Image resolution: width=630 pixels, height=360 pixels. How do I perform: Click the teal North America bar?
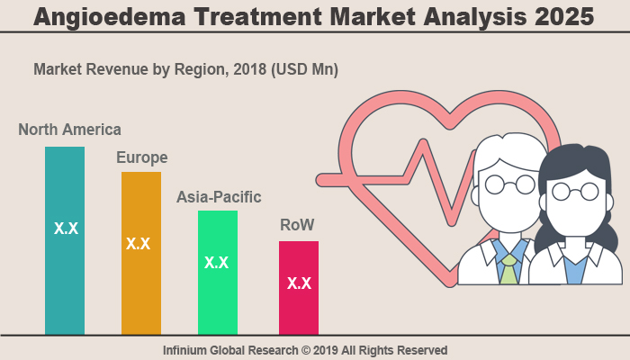[x=65, y=270]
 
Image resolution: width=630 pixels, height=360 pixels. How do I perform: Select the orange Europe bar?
[x=141, y=288]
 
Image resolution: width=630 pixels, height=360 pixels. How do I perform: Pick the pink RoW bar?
[x=299, y=310]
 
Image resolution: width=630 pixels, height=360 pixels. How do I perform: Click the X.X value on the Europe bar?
[x=138, y=243]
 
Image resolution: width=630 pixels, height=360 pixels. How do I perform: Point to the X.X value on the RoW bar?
[x=299, y=283]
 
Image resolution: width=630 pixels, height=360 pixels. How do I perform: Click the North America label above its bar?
[x=69, y=130]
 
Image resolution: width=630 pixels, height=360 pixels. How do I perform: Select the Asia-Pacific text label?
[x=219, y=196]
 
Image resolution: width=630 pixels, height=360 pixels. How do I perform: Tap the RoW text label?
[x=297, y=224]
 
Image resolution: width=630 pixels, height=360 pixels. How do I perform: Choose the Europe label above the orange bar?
[x=141, y=157]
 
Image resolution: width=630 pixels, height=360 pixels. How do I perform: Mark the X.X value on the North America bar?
[x=66, y=229]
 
